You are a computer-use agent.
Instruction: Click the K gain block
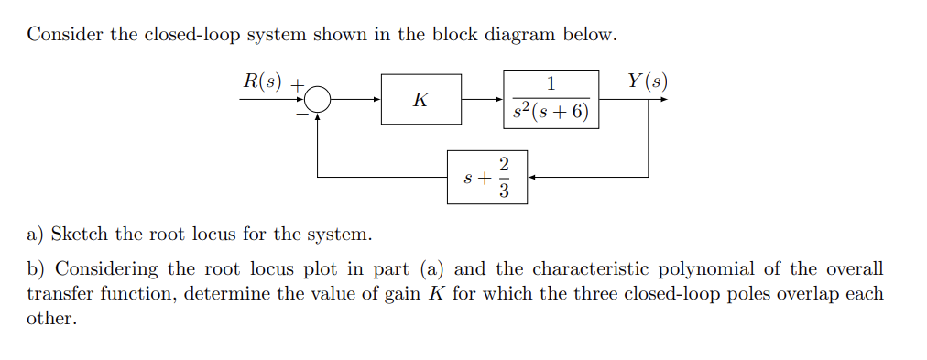click(420, 100)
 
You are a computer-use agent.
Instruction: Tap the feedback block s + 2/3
click(487, 177)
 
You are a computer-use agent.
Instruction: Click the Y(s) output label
click(648, 80)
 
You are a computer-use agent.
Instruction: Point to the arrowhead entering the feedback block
click(532, 177)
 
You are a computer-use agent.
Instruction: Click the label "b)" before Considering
click(36, 269)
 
